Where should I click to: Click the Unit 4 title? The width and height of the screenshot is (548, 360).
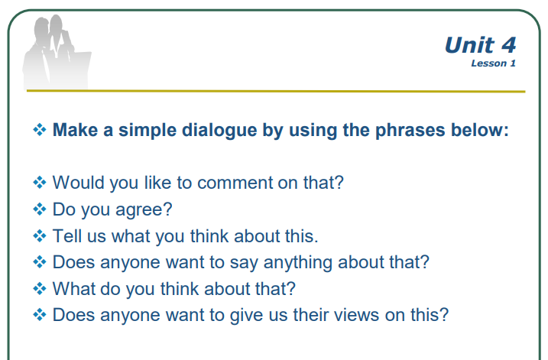click(480, 45)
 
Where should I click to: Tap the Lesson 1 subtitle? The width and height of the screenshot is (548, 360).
click(493, 63)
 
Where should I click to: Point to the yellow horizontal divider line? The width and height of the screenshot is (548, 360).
click(276, 91)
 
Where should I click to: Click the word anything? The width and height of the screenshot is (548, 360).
click(298, 263)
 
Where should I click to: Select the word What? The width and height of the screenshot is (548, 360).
click(73, 288)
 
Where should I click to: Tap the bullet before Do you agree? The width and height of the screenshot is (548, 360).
click(40, 209)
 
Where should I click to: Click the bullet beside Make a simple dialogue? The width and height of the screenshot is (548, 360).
click(40, 130)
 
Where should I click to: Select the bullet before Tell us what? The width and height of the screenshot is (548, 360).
click(40, 235)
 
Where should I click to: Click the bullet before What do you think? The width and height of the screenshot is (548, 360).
click(40, 289)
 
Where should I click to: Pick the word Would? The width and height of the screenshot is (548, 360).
click(78, 183)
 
